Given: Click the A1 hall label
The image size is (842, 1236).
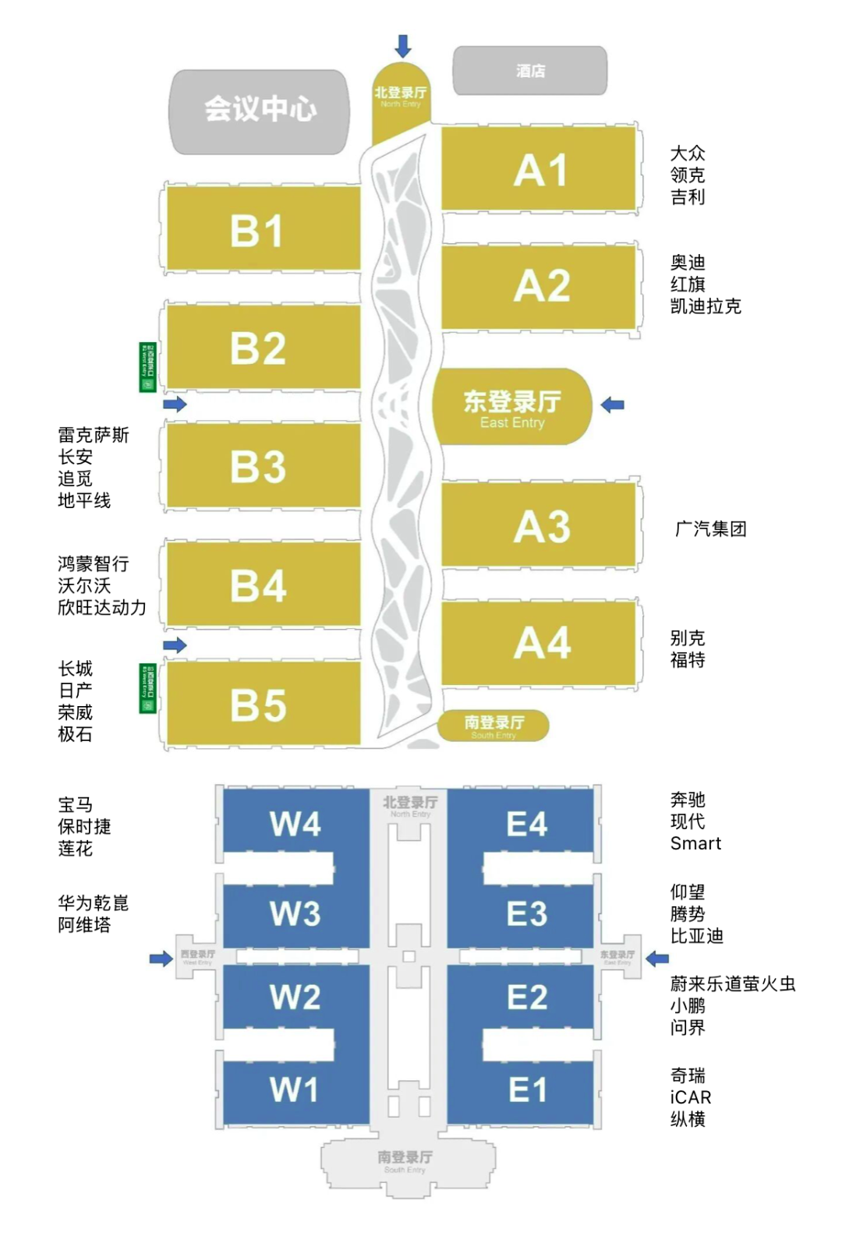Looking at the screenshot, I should click(540, 170).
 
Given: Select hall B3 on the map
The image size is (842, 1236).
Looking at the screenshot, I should click(258, 467).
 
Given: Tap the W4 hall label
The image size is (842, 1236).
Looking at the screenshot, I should click(295, 824).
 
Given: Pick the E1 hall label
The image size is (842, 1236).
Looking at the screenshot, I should click(527, 1089).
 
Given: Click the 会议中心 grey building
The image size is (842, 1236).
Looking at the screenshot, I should click(260, 110).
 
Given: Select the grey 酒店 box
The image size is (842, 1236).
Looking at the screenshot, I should click(530, 71).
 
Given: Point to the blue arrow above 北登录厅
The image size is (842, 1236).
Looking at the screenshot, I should click(403, 46).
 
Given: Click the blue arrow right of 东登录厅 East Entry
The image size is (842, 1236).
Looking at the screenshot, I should click(613, 404).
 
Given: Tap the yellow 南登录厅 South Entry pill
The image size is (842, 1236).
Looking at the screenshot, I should click(494, 726).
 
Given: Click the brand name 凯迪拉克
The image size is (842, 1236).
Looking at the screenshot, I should click(706, 306).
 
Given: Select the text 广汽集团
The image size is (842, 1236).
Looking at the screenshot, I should click(710, 529).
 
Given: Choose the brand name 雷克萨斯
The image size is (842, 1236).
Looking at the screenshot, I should click(94, 435).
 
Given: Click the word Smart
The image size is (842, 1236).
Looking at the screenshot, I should click(695, 843).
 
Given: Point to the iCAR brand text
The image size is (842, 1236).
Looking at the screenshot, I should click(691, 1097).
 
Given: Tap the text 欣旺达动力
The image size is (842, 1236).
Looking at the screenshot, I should click(102, 607).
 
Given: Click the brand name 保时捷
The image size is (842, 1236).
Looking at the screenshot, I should click(84, 826).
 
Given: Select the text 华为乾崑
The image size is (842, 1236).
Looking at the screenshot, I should click(94, 903).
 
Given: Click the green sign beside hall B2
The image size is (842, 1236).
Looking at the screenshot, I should click(147, 367).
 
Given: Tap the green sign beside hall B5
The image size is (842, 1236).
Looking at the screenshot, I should click(147, 688).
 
